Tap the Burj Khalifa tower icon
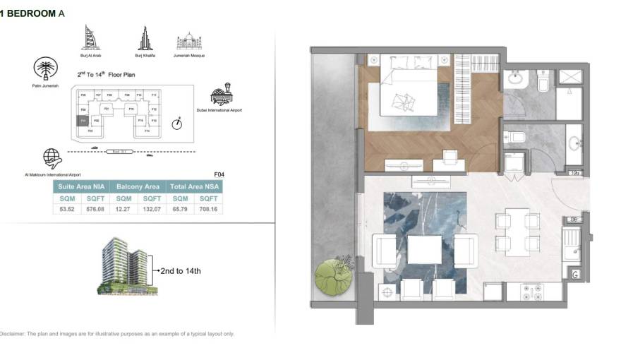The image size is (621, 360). (145, 38)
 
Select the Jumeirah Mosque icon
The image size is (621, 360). (189, 40)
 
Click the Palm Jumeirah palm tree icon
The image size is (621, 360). (45, 69)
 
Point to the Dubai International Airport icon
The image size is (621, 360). (222, 96)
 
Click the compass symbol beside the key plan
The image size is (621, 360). (176, 124)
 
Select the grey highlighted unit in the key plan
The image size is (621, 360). (83, 121)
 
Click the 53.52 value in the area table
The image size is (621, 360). (67, 209)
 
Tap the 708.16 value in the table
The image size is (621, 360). (209, 209)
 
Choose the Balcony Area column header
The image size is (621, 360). (138, 187)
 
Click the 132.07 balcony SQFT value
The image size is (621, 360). (152, 209)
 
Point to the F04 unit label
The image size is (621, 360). (219, 173)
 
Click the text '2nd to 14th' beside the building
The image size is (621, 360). (181, 270)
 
